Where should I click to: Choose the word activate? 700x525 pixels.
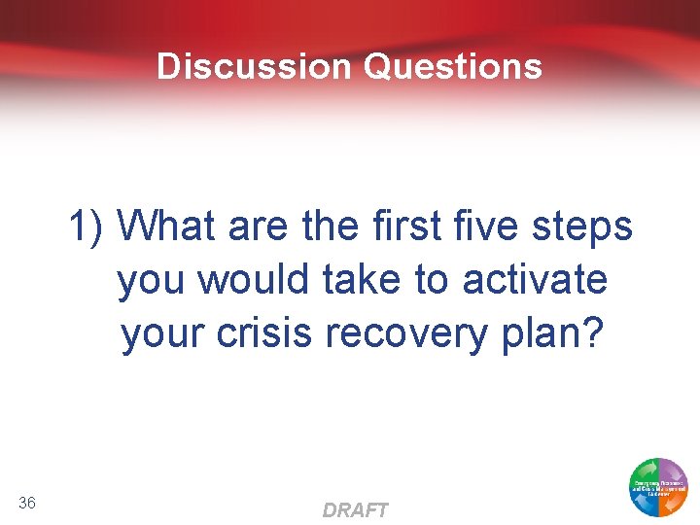tap(535, 280)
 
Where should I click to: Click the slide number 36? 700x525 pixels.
tap(27, 502)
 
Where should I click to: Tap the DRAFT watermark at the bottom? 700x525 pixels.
tap(355, 510)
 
